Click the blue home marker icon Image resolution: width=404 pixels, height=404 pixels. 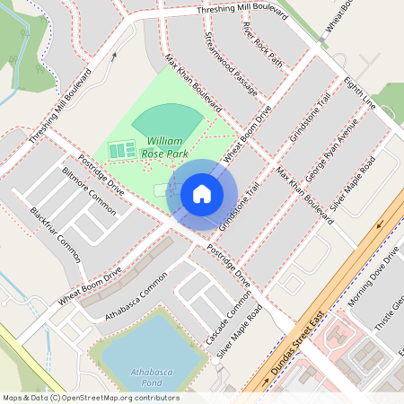click(x=201, y=194)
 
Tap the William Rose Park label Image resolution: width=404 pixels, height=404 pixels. click(x=162, y=148)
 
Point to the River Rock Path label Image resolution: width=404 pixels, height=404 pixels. click(x=261, y=45)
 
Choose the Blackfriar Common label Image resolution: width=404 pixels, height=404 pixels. click(x=56, y=229)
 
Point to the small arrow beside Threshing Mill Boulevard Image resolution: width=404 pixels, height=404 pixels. click(x=115, y=56)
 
